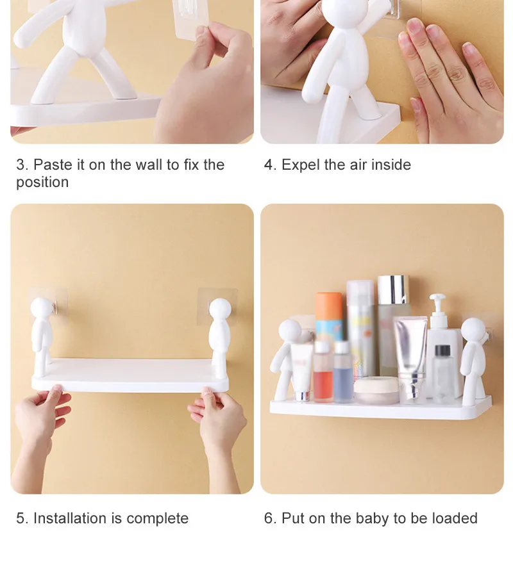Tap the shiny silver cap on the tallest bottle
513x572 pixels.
click(392, 289)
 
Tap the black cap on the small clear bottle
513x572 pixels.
click(442, 351)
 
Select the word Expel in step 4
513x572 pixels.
click(301, 165)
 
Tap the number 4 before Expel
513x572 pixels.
click(269, 165)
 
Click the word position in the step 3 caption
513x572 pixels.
click(42, 182)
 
